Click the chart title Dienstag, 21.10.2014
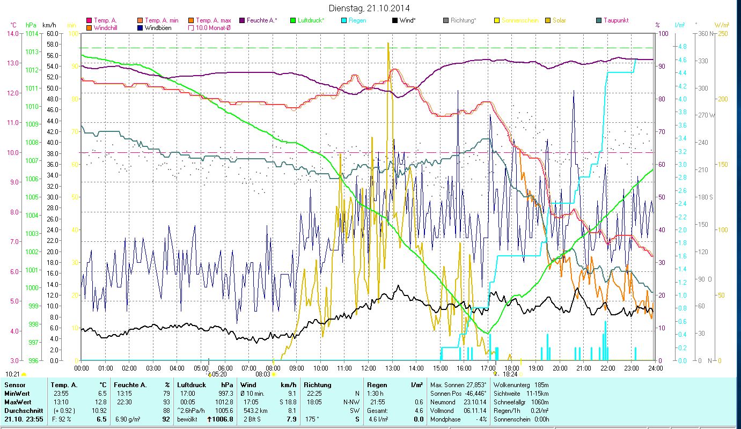coord(370,9)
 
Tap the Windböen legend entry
coord(157,27)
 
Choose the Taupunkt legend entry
coord(615,20)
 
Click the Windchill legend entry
coord(107,27)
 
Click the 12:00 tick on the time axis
coord(369,368)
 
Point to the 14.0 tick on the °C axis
coord(12,33)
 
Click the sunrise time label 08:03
coord(262,374)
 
